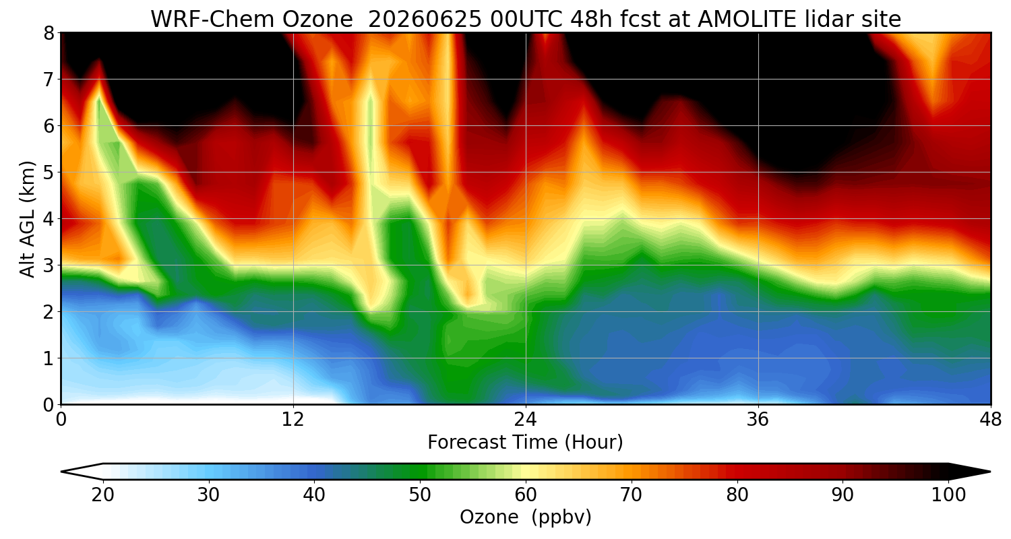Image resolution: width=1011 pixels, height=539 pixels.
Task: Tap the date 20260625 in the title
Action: point(425,20)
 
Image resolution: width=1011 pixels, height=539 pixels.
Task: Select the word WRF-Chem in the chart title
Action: point(212,20)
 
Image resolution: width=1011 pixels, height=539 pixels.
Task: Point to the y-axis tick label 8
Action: point(49,34)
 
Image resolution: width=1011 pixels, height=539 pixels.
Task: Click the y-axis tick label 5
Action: point(49,172)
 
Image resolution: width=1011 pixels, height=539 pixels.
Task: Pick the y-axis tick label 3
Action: point(49,265)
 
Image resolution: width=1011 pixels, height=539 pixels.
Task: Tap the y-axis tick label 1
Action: point(49,358)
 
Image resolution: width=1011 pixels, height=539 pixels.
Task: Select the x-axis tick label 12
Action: point(293,420)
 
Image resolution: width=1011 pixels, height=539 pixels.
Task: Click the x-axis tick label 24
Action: point(526,420)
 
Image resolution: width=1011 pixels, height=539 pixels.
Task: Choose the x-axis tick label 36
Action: point(758,420)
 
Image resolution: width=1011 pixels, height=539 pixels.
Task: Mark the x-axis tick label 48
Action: point(991,420)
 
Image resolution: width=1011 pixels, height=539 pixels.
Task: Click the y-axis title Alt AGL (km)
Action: point(28,219)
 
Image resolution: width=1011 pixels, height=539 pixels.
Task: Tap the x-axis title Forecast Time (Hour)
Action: point(525,443)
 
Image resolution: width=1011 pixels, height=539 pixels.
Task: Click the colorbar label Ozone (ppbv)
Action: point(525,517)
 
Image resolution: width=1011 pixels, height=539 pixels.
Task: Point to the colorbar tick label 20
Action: point(103,495)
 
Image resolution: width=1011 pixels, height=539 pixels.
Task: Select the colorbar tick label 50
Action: point(420,495)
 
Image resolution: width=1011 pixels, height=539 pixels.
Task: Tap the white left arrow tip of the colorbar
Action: point(62,472)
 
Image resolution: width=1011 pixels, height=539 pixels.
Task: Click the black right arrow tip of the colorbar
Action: point(990,472)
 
